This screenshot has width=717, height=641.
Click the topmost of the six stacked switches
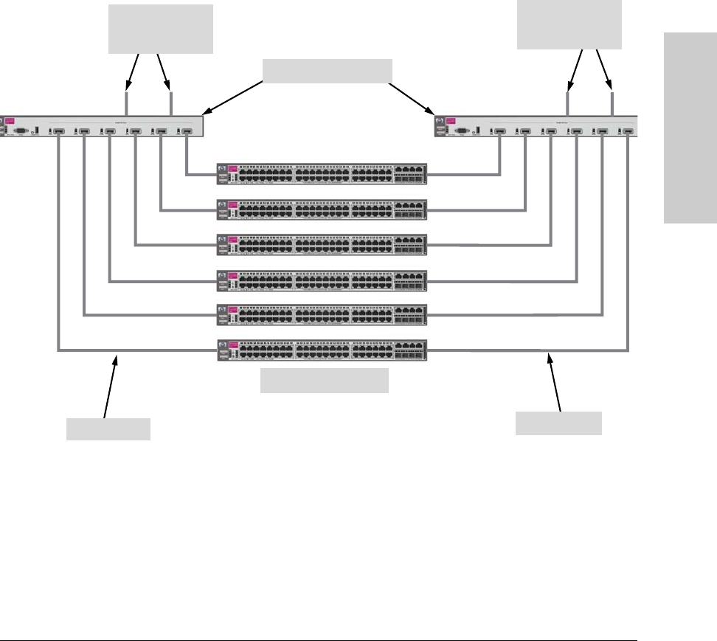coord(322,175)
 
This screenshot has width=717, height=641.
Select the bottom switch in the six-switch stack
coord(322,350)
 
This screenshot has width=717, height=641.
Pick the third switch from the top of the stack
coord(322,245)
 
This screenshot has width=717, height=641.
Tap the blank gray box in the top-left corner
coord(161,29)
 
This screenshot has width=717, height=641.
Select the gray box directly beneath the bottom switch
coord(325,381)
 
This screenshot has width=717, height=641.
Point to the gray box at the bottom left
coord(108,429)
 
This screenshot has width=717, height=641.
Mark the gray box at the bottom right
coord(558,423)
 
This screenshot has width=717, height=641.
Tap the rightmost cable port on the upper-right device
coord(628,132)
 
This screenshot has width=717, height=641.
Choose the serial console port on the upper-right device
coord(462,131)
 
